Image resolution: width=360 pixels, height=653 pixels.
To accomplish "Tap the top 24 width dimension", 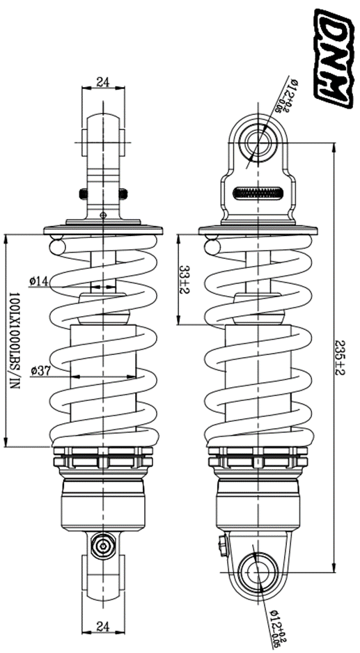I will [103, 81].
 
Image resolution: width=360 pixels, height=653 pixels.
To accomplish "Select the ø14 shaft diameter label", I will [39, 281].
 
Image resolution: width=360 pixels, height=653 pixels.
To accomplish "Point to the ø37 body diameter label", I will [40, 370].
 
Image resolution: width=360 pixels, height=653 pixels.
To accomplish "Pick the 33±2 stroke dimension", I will [185, 279].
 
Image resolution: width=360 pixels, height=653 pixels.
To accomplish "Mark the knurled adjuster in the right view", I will [258, 194].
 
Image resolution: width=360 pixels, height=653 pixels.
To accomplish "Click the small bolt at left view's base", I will [103, 544].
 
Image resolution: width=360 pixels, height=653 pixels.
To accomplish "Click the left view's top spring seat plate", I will [103, 229].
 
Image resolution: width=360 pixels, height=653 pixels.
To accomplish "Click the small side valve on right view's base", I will [221, 546].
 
